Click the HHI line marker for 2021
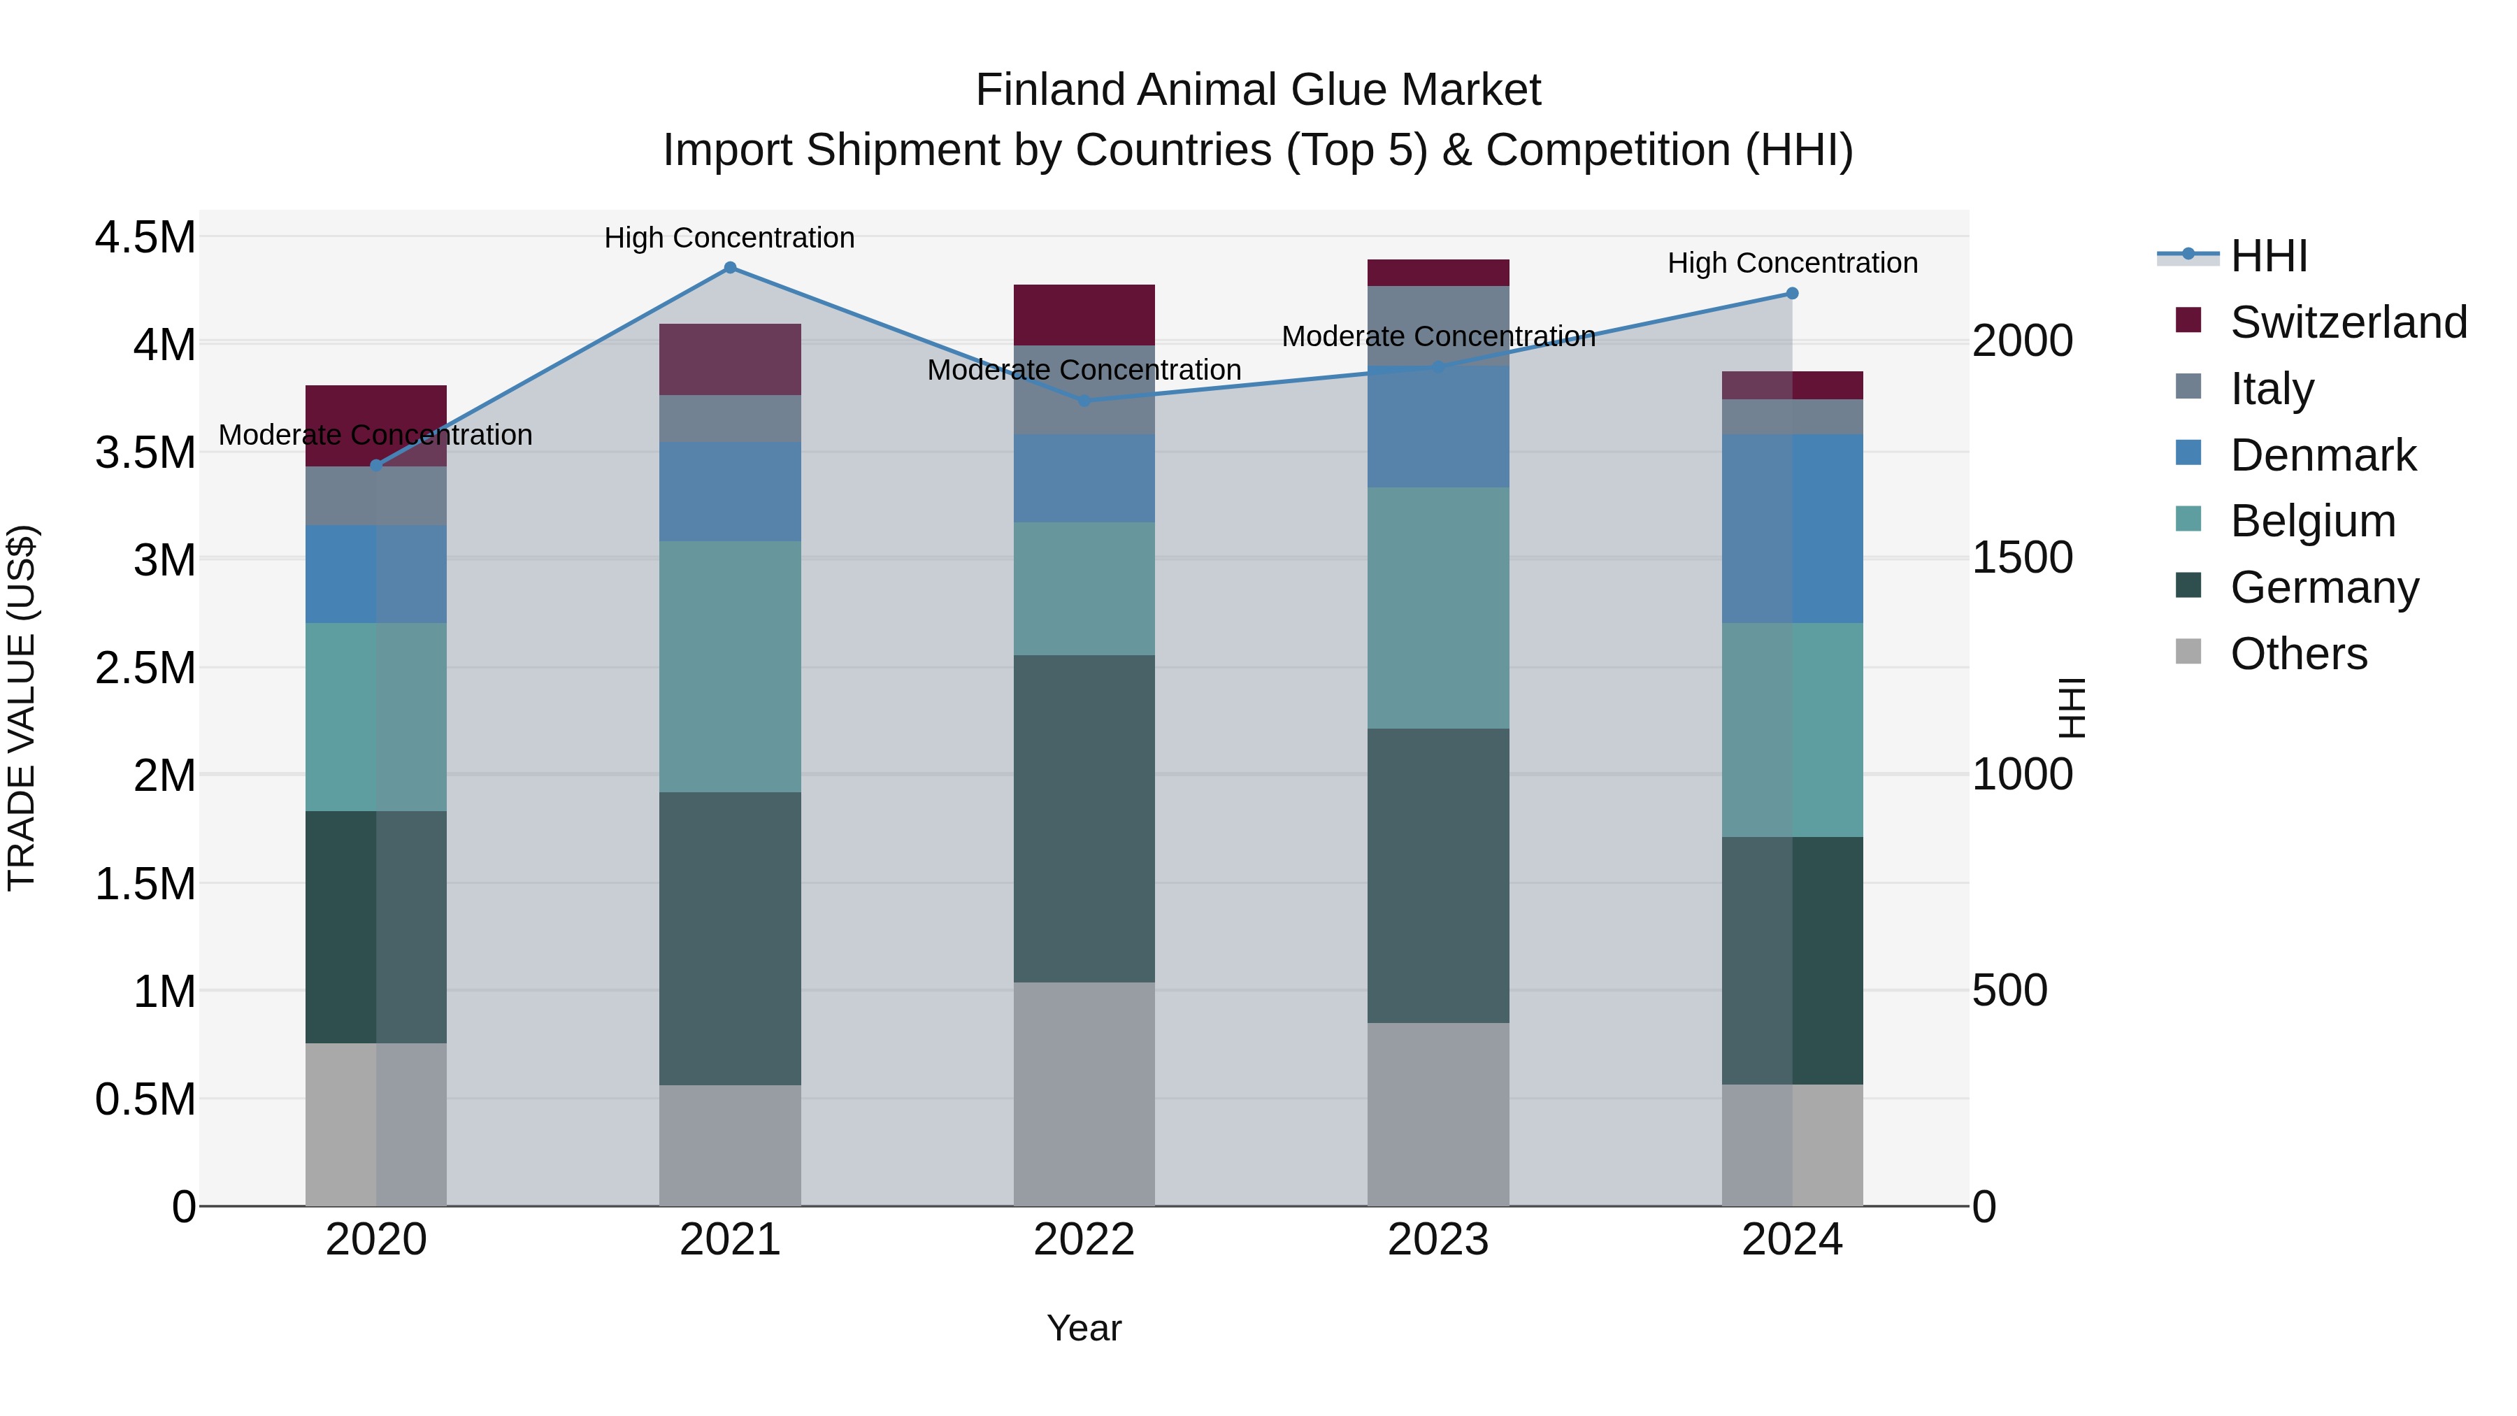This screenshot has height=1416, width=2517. (x=730, y=268)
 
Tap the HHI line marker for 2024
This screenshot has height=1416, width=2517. (x=1792, y=293)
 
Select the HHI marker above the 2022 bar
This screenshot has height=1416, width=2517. (x=1084, y=401)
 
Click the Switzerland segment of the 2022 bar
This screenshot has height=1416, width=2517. (x=1084, y=315)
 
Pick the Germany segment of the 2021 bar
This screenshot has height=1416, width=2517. (x=730, y=938)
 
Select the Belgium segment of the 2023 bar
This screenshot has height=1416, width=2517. (x=1437, y=608)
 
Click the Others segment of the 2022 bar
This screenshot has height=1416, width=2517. (x=1084, y=1094)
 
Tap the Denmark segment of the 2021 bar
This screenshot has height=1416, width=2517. (x=730, y=492)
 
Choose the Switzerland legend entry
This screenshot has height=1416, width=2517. (x=2348, y=322)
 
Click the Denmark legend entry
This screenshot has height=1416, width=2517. (x=2323, y=455)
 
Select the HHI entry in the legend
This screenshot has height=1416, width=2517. (x=2269, y=256)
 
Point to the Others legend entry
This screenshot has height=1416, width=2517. (x=2298, y=654)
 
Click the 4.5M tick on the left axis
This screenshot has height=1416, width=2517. (x=145, y=238)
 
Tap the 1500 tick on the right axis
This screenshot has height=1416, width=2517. (x=2021, y=558)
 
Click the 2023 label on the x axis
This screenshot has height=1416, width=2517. (x=1437, y=1240)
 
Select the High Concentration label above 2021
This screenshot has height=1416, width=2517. (x=729, y=238)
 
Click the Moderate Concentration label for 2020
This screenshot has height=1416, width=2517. (x=375, y=435)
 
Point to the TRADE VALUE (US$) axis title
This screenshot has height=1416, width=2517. (x=22, y=708)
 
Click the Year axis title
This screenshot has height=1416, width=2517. (x=1084, y=1328)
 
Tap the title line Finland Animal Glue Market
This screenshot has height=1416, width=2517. (x=1258, y=90)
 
